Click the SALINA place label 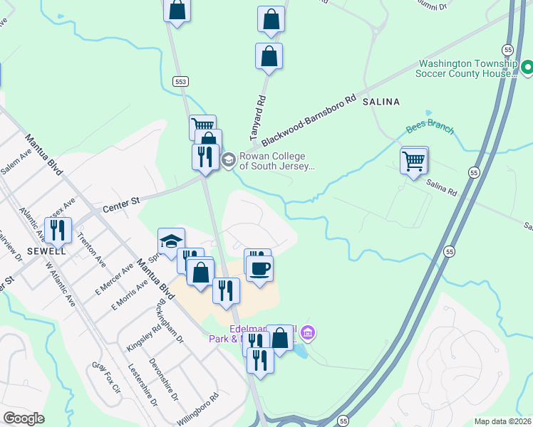tap(381, 102)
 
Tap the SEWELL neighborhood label tap(46, 251)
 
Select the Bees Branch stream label tap(430, 129)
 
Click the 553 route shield tap(181, 83)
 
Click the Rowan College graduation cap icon tap(229, 159)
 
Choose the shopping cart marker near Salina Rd tap(414, 162)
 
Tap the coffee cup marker tap(259, 268)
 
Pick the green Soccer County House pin tap(527, 68)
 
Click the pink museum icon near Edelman tap(308, 332)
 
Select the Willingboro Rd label tap(197, 409)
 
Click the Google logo tap(23, 418)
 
